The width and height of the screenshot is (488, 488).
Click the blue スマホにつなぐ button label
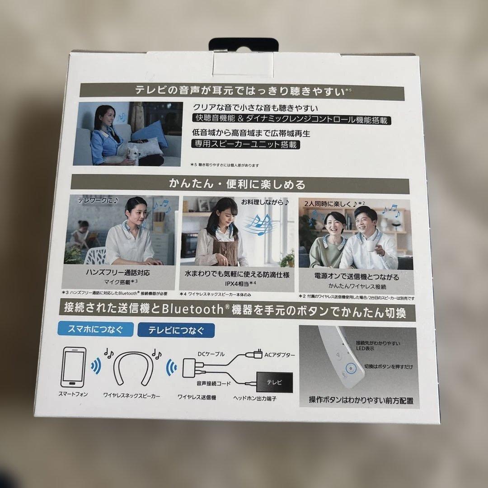pos(96,328)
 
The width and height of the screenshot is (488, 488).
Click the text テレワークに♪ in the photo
pos(98,200)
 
